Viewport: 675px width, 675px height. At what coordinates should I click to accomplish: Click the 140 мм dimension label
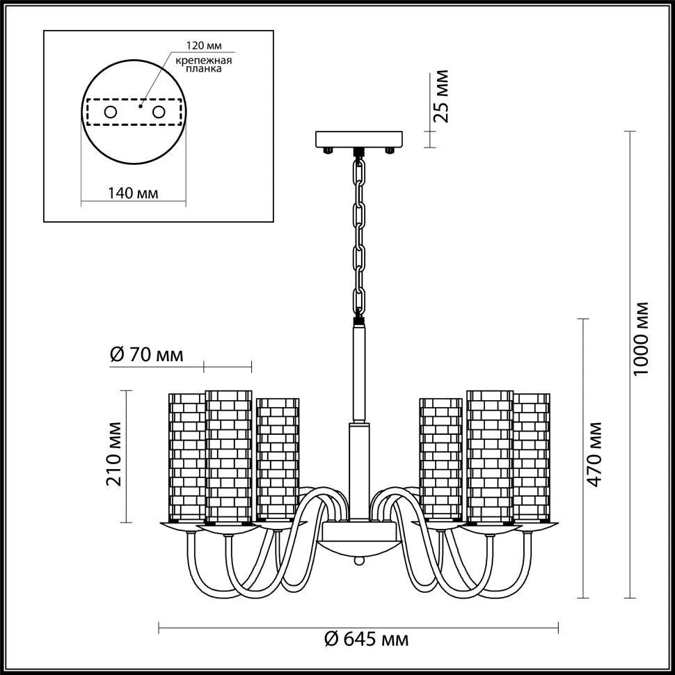click(133, 193)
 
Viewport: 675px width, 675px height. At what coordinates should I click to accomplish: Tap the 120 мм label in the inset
click(204, 46)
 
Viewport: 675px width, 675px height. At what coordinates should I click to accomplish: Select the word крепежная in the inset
click(204, 61)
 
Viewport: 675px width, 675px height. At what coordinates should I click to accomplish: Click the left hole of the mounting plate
click(111, 112)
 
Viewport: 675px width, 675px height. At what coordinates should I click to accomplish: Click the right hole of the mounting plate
click(159, 112)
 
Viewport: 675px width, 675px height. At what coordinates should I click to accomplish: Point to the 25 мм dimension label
click(440, 97)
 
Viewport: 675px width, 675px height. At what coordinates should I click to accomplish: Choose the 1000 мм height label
click(641, 339)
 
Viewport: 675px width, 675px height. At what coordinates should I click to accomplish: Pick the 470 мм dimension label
click(594, 454)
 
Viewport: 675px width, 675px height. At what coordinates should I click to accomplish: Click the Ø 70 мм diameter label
click(146, 355)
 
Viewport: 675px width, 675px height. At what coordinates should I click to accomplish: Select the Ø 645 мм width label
click(366, 640)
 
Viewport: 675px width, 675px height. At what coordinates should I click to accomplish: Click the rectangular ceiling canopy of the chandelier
click(359, 139)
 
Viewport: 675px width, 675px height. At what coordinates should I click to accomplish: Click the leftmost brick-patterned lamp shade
click(186, 456)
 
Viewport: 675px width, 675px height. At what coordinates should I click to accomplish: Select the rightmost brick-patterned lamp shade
click(532, 456)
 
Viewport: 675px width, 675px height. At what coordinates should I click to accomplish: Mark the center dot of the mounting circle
click(140, 106)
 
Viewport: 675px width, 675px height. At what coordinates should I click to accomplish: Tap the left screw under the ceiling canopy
click(328, 150)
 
